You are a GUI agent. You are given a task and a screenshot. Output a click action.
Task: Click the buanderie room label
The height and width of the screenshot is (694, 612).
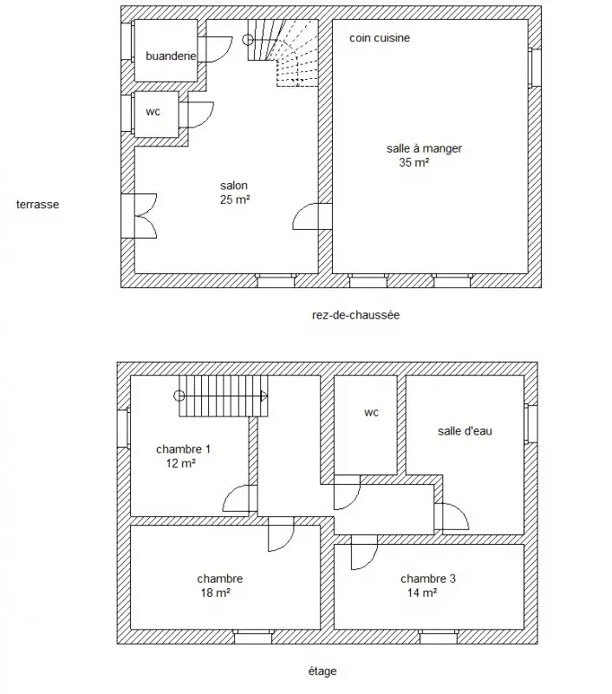click(171, 56)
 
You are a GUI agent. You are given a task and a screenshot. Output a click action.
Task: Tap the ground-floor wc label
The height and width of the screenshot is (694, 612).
click(153, 112)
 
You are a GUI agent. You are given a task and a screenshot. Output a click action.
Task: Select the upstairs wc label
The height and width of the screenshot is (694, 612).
click(371, 413)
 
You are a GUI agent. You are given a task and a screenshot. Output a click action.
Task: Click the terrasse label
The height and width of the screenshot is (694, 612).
click(37, 205)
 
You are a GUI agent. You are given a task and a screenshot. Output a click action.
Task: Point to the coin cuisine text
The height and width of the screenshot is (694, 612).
click(380, 38)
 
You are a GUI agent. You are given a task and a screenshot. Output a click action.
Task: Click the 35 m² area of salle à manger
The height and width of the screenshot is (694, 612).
click(413, 162)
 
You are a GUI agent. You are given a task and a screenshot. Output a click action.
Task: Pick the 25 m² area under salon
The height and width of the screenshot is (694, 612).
click(235, 200)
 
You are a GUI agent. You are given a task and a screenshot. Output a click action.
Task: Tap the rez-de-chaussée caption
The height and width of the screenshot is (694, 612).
click(356, 315)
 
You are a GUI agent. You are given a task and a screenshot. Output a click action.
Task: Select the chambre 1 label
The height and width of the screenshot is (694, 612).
click(183, 449)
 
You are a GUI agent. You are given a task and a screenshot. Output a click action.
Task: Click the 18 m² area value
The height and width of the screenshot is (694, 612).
click(215, 593)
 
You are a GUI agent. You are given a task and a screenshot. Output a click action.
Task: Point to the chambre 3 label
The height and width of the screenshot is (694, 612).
click(428, 579)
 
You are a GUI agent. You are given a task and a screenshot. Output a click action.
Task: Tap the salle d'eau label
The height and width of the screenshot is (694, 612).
click(465, 431)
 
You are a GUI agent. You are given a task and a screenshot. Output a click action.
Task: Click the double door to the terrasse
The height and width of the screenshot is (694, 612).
click(140, 216)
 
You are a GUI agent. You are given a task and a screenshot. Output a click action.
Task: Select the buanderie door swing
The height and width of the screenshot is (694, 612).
click(215, 49)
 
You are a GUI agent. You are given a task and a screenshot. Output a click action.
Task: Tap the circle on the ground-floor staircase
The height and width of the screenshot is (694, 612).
click(248, 40)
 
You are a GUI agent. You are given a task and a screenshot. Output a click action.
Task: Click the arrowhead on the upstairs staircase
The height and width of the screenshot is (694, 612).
click(264, 396)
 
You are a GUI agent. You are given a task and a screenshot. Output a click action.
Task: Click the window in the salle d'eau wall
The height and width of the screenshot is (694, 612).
click(531, 424)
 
